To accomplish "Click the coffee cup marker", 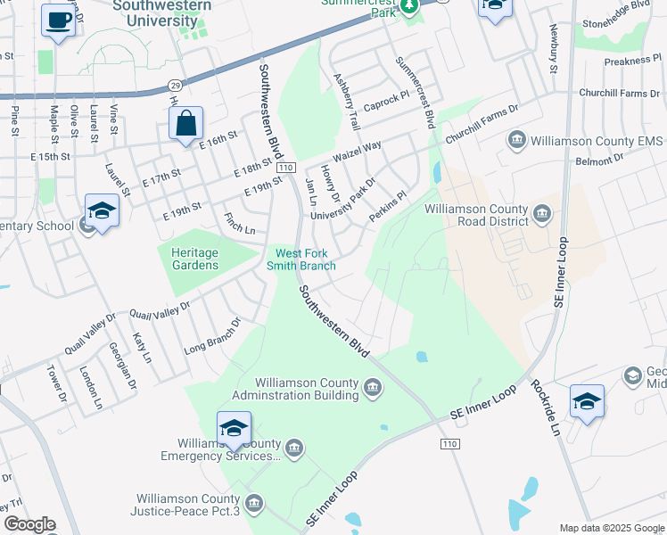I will tap(59, 21).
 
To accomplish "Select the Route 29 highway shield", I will tap(175, 85).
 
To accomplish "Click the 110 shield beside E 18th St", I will tap(285, 168).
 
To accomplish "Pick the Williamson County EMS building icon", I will tap(517, 140).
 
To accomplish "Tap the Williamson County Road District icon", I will tap(543, 214).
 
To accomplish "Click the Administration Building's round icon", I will tap(373, 386).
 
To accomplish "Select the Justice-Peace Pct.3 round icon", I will tap(254, 505).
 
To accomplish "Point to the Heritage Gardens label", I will tap(194, 259).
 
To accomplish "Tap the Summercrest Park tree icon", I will tap(409, 6).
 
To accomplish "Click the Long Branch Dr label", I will tap(212, 337).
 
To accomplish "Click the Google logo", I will tap(29, 524).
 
